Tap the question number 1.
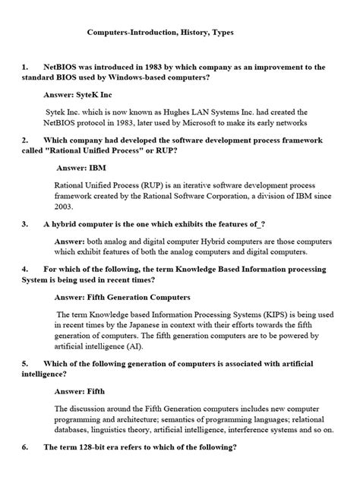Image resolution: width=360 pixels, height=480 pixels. click(26, 67)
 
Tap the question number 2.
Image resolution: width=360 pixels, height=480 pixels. click(26, 140)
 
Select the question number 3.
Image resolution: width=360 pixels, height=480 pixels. click(26, 224)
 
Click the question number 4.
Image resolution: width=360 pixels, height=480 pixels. click(26, 269)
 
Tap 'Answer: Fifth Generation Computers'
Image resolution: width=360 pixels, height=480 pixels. click(122, 296)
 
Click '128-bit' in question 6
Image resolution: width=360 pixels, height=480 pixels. click(88, 447)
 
